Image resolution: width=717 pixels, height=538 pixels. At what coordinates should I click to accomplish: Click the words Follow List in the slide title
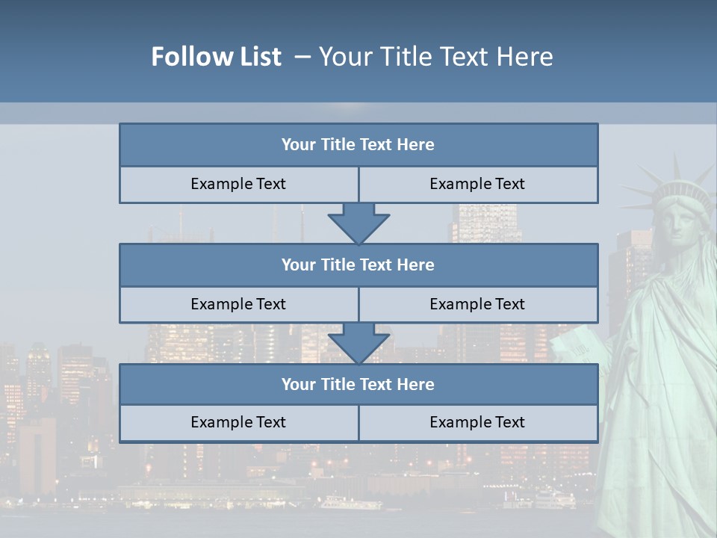(216, 57)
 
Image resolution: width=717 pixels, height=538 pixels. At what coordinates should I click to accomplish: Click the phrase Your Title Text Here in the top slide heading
(436, 57)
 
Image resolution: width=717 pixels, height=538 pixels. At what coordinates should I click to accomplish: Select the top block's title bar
(358, 145)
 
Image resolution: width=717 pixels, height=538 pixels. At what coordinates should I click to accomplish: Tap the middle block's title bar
(358, 265)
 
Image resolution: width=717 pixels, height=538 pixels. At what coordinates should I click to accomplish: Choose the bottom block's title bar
(358, 384)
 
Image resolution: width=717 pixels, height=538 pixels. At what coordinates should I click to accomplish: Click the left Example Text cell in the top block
(238, 184)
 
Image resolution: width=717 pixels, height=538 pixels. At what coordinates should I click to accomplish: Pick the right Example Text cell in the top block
(477, 184)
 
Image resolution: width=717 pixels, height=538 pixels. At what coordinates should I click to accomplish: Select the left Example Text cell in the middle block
(238, 304)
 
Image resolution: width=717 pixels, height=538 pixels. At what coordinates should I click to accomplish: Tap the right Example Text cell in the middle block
(477, 304)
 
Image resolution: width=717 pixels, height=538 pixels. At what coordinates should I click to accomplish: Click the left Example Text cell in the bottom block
(238, 422)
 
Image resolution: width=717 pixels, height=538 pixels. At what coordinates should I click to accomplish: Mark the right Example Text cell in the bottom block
(477, 422)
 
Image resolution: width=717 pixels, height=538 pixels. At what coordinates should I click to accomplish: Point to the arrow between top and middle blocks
(358, 223)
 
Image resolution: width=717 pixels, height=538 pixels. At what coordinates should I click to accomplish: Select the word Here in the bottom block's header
(415, 384)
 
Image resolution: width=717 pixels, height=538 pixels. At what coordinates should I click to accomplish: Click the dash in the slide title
(302, 57)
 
